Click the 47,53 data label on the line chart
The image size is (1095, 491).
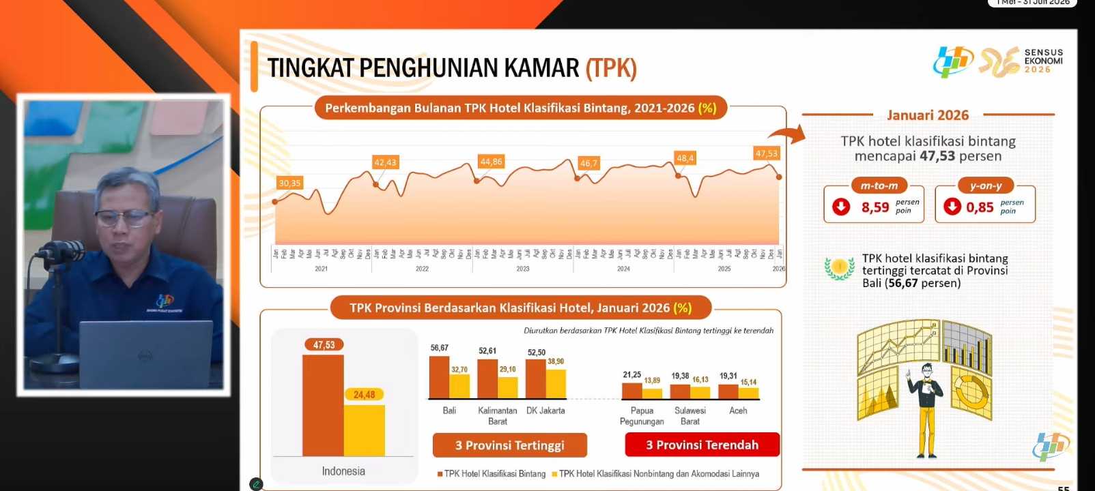(766, 153)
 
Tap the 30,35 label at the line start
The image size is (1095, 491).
(289, 183)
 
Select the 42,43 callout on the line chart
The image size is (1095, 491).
(385, 162)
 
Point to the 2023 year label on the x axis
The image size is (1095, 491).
(523, 269)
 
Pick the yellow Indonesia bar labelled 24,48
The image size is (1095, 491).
(365, 430)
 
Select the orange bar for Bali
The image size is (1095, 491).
(439, 376)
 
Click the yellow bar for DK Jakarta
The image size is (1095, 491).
(556, 383)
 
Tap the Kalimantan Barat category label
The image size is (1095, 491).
(498, 416)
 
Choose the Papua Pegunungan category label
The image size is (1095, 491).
(642, 416)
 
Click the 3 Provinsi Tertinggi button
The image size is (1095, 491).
(509, 445)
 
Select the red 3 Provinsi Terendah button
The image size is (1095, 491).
(702, 445)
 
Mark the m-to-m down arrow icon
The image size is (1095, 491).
(841, 206)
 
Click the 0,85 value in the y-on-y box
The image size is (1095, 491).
(980, 207)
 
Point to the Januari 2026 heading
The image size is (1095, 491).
(928, 115)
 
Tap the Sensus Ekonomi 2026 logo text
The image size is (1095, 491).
(1043, 61)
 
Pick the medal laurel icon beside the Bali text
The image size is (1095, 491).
(839, 268)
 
